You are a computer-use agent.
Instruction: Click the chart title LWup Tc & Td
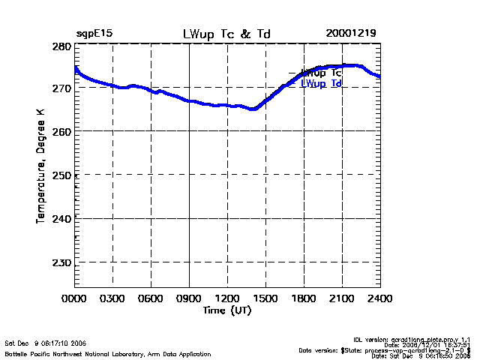[227, 34]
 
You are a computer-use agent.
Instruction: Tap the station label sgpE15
[94, 34]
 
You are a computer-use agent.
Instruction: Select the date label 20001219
[351, 34]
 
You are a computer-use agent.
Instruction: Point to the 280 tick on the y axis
[61, 46]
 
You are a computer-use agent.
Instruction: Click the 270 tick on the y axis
[61, 88]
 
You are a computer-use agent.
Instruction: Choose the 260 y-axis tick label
[61, 132]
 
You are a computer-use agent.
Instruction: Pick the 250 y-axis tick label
[61, 175]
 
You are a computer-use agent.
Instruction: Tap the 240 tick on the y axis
[61, 219]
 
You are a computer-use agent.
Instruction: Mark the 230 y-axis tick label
[61, 262]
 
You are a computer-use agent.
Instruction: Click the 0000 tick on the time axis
[74, 298]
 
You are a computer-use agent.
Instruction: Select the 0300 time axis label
[112, 298]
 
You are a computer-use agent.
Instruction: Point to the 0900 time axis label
[189, 298]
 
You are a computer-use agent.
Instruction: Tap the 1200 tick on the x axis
[227, 298]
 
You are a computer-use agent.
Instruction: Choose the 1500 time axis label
[265, 298]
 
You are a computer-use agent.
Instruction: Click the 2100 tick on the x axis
[342, 298]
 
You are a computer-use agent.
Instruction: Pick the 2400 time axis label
[380, 298]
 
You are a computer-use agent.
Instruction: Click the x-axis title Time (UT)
[226, 310]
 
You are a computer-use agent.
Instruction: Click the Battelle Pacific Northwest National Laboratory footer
[108, 353]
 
